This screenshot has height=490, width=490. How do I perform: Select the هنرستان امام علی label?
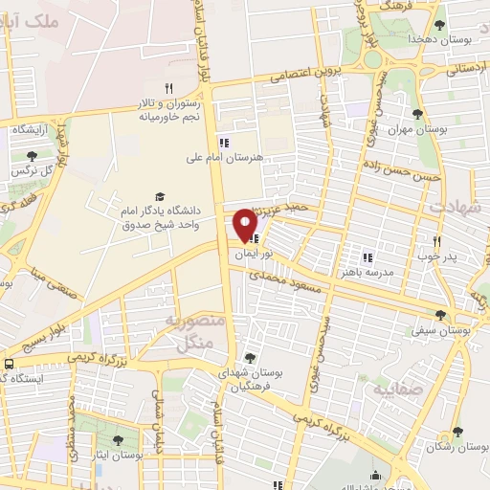coord(226,158)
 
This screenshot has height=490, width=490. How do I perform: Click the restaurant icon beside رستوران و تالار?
coord(168,88)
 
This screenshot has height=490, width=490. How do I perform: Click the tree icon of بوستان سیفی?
coord(441,314)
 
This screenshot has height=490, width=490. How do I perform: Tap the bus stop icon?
coord(9,364)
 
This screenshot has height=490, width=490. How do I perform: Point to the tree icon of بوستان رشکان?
coord(458,432)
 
